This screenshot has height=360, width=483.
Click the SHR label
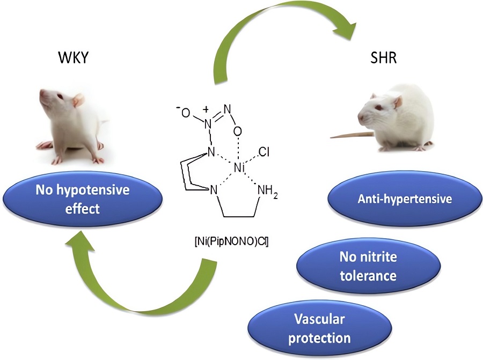pos(384,58)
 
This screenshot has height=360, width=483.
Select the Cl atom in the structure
pos(264,153)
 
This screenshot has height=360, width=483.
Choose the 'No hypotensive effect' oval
pos(83,199)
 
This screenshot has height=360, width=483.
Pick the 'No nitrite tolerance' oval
pos(368,267)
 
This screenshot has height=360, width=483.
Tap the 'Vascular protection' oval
pos(319,329)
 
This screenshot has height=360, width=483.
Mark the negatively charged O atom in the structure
pos(186,112)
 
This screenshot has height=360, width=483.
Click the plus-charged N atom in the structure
pos(208,121)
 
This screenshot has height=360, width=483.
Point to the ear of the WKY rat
pos(78,100)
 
